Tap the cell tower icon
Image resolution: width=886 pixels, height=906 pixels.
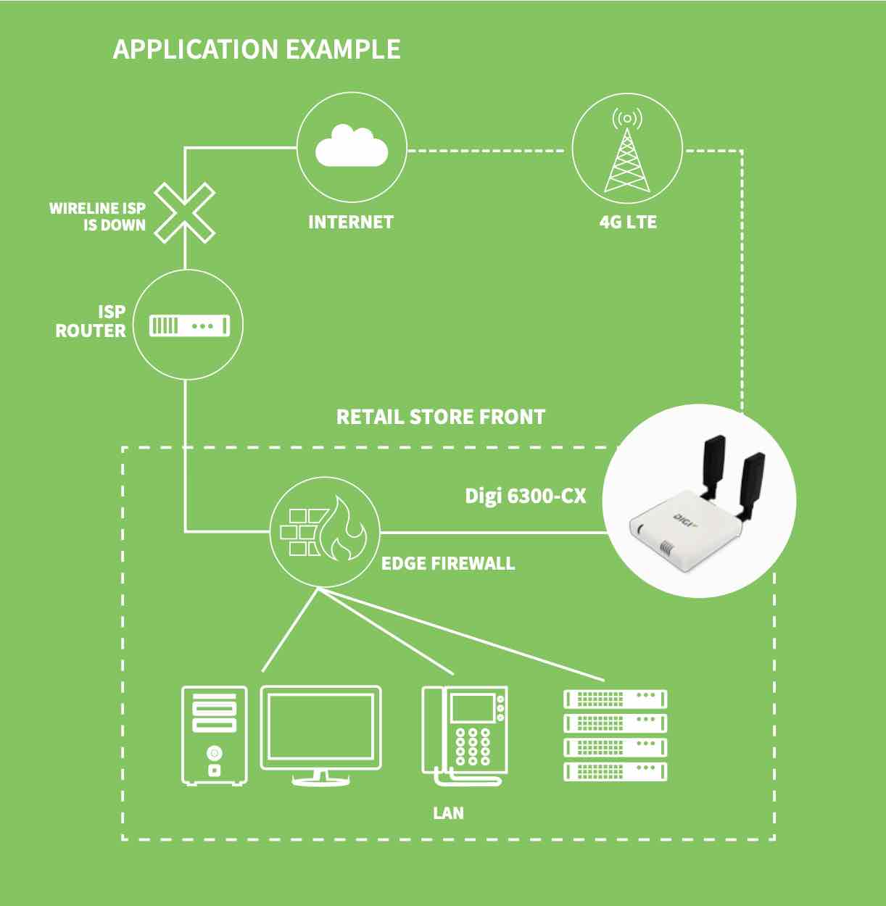point(627,154)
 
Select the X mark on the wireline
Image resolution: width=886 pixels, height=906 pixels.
point(185,212)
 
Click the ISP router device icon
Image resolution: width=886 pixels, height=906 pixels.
point(189,325)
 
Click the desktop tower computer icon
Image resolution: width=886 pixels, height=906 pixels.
point(214,735)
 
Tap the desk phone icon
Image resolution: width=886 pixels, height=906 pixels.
point(465,734)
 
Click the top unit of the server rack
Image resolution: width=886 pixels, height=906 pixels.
point(615,699)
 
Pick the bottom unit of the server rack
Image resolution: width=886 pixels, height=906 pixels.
point(615,771)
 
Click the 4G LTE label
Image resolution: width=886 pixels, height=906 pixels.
point(628,223)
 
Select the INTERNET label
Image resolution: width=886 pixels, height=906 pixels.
point(351,223)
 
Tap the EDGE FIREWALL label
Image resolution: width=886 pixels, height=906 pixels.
point(448,564)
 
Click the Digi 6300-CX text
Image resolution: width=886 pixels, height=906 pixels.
point(525,496)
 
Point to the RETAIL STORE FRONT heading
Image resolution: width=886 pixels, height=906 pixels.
point(441,417)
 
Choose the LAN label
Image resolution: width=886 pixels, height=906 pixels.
point(448,813)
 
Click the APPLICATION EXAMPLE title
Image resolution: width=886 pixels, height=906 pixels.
point(257,49)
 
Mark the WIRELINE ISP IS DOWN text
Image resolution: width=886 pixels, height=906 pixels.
point(98,217)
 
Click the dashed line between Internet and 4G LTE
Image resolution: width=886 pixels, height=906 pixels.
point(486,151)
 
